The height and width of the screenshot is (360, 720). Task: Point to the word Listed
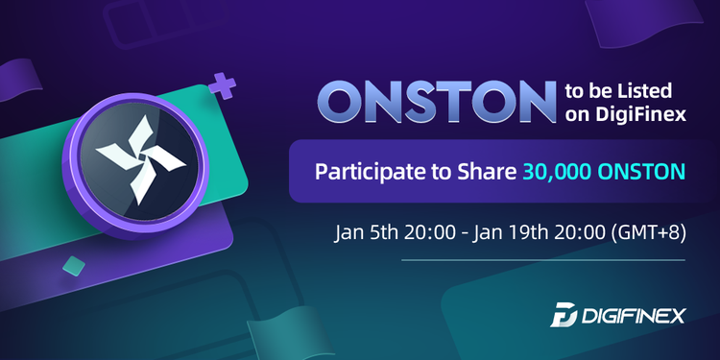click(652, 92)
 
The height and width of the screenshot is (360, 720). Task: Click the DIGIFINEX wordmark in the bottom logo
click(635, 315)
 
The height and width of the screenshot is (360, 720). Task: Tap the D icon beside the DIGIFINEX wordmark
click(564, 315)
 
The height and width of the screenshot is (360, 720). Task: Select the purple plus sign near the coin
click(223, 88)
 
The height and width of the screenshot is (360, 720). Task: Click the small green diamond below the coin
click(69, 265)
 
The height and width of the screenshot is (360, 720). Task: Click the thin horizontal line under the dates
click(510, 259)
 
